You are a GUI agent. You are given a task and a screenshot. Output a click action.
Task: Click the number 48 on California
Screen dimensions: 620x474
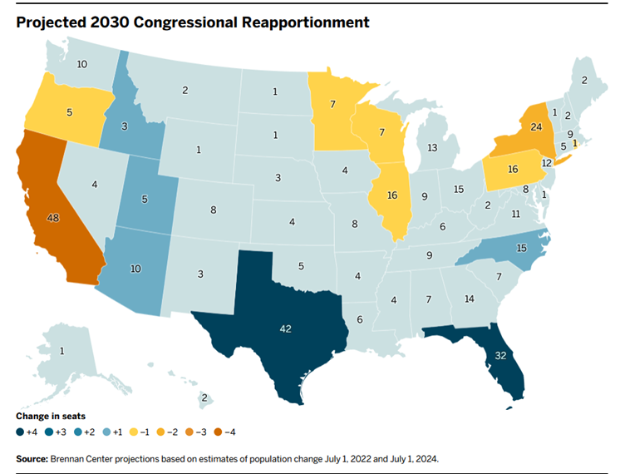pos(53,218)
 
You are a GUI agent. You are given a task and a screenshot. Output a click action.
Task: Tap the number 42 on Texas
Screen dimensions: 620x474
pos(286,328)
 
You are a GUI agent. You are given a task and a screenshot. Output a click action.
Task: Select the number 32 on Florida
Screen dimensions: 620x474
pos(500,356)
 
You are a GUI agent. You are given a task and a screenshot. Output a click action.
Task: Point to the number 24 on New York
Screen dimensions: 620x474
pos(536,127)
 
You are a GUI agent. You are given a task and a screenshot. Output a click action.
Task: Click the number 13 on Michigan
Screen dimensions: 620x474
pos(432,147)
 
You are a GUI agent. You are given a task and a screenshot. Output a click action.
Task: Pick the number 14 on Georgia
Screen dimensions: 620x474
pos(470,299)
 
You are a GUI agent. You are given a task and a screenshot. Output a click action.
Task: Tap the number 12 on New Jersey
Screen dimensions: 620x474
pos(547,163)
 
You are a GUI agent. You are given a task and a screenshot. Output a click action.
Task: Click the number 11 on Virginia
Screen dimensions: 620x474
pos(516,214)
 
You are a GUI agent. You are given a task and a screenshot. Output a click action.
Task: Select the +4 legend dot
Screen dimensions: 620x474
pos(20,432)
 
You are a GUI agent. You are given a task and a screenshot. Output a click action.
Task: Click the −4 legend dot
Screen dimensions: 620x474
pos(218,432)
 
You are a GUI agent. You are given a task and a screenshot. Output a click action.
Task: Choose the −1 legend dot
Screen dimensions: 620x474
pos(134,432)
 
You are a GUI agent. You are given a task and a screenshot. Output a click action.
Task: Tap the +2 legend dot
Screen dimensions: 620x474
pos(78,432)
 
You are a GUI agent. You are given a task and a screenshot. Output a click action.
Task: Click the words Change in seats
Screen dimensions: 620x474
pos(51,417)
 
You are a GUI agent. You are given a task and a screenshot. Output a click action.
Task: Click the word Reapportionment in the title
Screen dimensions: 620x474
pos(306,22)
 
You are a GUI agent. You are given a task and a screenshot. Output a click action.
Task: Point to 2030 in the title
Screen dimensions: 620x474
pos(110,22)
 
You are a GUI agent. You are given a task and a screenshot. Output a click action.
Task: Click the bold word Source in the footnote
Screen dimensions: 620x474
pos(32,459)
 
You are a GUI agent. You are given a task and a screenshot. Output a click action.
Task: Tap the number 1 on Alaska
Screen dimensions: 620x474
pos(62,351)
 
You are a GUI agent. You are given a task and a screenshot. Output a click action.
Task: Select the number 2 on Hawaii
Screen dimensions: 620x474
pos(204,397)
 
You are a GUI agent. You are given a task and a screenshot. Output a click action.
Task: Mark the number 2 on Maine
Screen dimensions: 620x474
pos(584,81)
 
